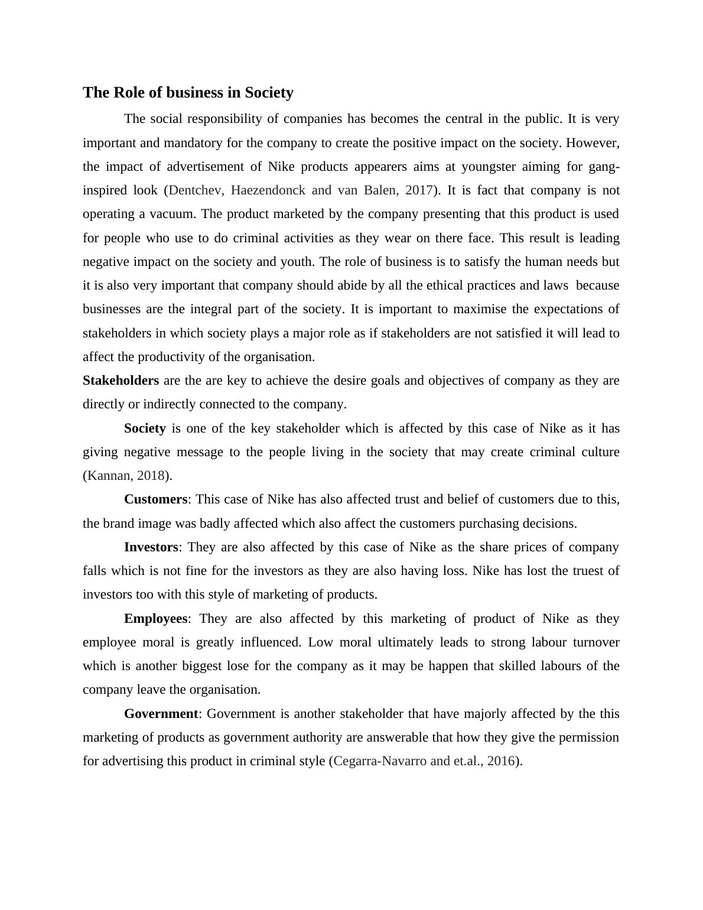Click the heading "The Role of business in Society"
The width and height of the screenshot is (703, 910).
click(188, 93)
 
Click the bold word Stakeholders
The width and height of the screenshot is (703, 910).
click(121, 381)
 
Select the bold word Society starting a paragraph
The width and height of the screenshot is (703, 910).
click(145, 428)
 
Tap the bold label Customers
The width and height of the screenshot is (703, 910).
click(155, 499)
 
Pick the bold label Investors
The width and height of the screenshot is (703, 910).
click(151, 547)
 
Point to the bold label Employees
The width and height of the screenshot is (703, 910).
click(155, 619)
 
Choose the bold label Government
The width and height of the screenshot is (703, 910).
click(161, 714)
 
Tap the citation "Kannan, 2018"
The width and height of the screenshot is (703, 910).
click(126, 476)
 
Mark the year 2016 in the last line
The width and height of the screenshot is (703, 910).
click(501, 761)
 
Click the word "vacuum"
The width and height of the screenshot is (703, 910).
click(171, 214)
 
